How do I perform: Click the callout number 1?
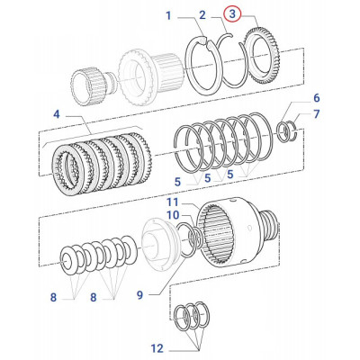167,15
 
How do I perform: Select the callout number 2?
202,15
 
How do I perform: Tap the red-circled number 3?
233,14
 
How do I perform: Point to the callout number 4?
56,114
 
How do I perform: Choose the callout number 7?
316,114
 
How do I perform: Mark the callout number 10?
173,215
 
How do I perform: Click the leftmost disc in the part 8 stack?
67,262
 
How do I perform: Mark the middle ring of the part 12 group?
193,317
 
